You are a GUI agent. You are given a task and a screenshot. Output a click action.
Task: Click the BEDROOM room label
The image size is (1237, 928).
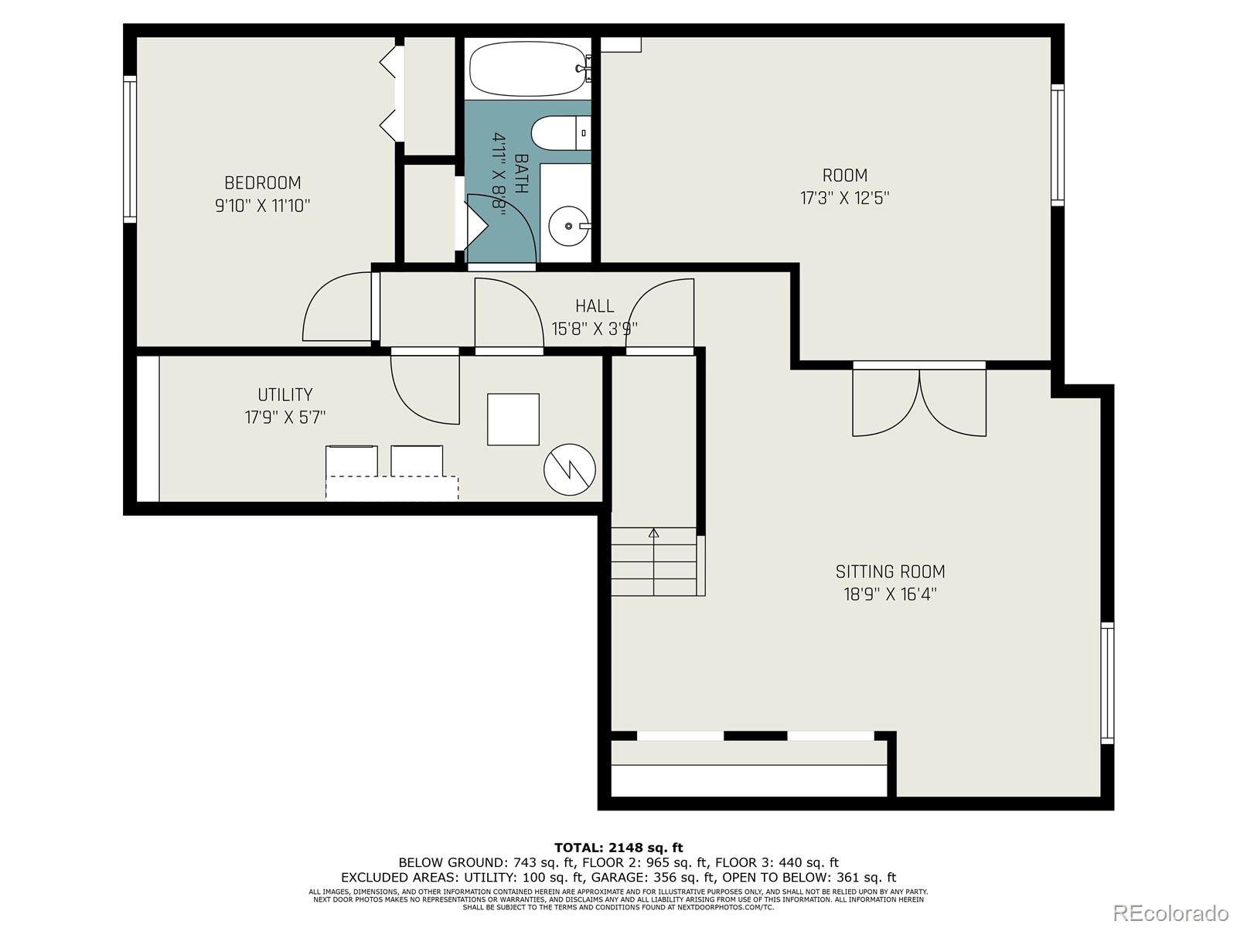coord(263,183)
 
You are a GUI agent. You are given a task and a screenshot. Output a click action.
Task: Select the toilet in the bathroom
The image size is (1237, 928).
coord(558,132)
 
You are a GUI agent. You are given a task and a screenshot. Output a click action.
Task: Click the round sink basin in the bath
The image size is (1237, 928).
coord(570,226)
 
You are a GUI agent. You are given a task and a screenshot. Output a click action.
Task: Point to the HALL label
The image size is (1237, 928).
coord(595,306)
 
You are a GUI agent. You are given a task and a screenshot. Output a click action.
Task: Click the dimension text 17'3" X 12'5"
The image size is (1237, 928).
coord(844,198)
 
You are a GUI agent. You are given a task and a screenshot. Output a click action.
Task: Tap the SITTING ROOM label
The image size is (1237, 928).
coord(890,571)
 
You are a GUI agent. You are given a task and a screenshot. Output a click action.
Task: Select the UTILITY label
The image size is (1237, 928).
coord(285,394)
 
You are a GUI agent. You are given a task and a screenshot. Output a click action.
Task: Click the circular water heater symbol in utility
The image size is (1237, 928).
coord(570,469)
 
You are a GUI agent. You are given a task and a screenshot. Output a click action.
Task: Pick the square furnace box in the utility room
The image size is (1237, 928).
coord(513,419)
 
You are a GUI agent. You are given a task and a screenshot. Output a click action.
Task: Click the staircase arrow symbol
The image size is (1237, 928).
coord(654,534)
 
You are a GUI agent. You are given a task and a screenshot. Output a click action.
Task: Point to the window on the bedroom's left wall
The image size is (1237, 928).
coord(130,148)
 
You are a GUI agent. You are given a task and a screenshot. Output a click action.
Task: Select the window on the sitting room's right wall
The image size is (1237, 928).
coord(1107,682)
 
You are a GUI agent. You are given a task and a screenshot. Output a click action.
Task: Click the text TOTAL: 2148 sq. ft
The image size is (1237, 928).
coord(618,848)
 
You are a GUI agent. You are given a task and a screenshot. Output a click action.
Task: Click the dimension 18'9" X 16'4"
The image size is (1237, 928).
coord(890,595)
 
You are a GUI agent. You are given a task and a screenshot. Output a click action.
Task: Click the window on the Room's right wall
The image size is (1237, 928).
coord(1057,144)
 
